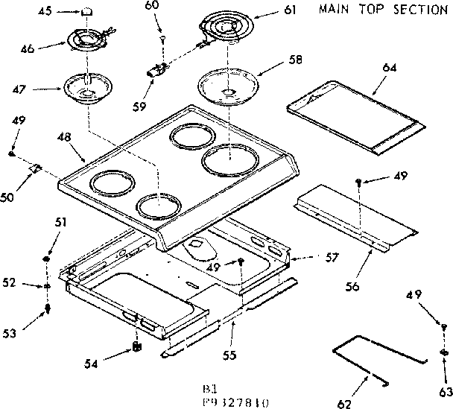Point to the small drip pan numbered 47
coord(88,87)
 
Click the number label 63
coord(445,370)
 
